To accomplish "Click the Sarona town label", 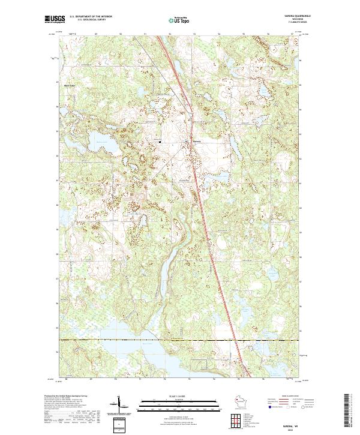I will click(x=188, y=142).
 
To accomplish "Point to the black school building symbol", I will click(x=160, y=141).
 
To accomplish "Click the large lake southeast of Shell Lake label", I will click(x=96, y=144).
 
